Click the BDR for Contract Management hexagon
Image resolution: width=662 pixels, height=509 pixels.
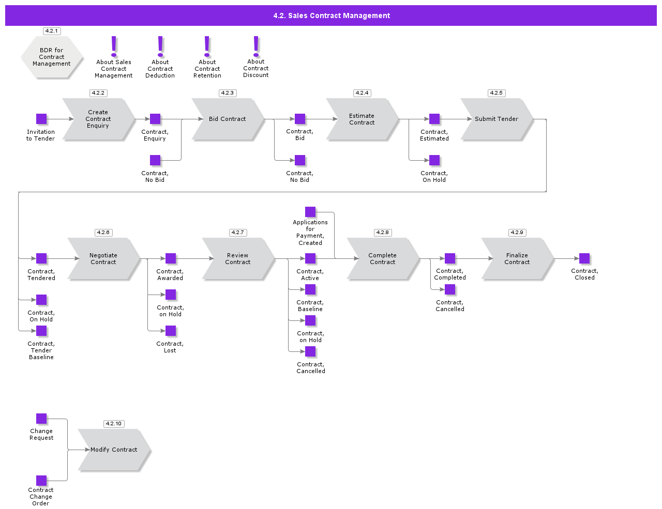(52, 57)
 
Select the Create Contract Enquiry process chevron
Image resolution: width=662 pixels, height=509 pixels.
(98, 119)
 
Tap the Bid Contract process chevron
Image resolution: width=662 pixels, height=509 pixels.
(227, 119)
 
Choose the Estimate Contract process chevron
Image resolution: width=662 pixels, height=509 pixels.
(362, 119)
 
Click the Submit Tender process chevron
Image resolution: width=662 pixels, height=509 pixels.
(496, 119)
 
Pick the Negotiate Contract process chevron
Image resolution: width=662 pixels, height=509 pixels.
(103, 258)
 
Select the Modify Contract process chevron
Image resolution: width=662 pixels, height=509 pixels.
(114, 450)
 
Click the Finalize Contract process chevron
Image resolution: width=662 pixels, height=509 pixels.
(517, 258)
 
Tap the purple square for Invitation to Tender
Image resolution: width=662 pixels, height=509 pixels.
(41, 119)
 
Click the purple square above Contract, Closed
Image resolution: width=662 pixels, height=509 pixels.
(584, 258)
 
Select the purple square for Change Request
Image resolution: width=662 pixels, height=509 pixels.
(41, 419)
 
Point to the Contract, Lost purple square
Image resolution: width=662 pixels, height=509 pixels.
(171, 331)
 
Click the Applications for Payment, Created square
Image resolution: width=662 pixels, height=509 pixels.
(310, 212)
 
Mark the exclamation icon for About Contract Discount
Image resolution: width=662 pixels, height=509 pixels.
(256, 46)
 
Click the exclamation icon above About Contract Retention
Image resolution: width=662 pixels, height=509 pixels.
(207, 46)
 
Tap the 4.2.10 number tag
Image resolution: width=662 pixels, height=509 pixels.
(113, 424)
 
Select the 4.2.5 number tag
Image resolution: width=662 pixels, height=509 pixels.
(496, 93)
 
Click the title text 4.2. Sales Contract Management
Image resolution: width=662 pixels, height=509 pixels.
(332, 16)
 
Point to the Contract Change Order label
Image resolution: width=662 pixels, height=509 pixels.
(41, 497)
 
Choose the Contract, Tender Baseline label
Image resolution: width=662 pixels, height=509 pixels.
(41, 350)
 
